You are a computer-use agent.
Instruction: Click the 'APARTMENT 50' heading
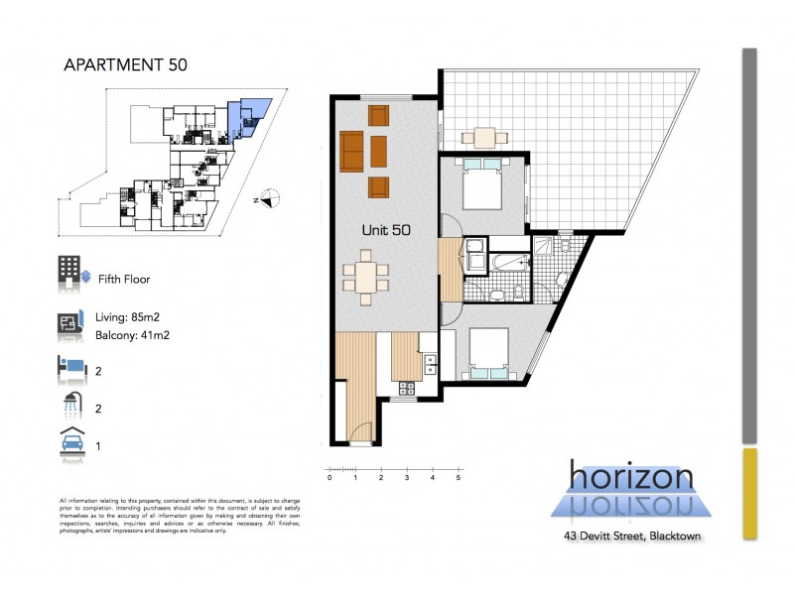tap(120, 65)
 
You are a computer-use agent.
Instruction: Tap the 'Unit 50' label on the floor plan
tap(387, 229)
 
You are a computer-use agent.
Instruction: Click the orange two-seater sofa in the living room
tap(352, 151)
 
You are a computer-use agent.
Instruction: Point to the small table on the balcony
tap(484, 138)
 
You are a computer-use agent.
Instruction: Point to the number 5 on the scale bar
tap(458, 478)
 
